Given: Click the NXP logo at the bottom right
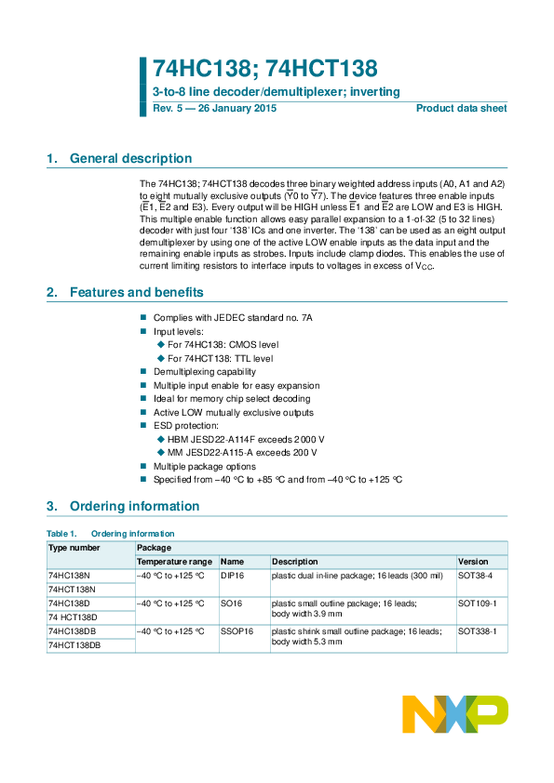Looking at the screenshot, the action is tap(454, 714).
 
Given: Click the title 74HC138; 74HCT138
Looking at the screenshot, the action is tap(265, 69).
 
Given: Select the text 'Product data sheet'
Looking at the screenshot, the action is tap(461, 109).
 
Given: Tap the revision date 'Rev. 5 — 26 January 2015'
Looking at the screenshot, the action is tap(215, 109).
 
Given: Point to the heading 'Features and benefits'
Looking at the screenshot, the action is tap(136, 293).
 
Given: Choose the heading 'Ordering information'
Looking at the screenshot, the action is tap(134, 507).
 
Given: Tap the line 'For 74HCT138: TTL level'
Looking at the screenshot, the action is tap(220, 357).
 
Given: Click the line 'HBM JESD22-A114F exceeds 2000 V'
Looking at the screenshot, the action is tap(246, 438).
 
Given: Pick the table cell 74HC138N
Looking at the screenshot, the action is tap(70, 576).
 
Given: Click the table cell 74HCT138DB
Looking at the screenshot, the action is tap(74, 644).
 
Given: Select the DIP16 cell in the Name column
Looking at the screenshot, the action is tap(232, 576).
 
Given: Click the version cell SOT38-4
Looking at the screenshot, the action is tap(476, 576).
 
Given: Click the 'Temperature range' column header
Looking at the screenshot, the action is tap(174, 562).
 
